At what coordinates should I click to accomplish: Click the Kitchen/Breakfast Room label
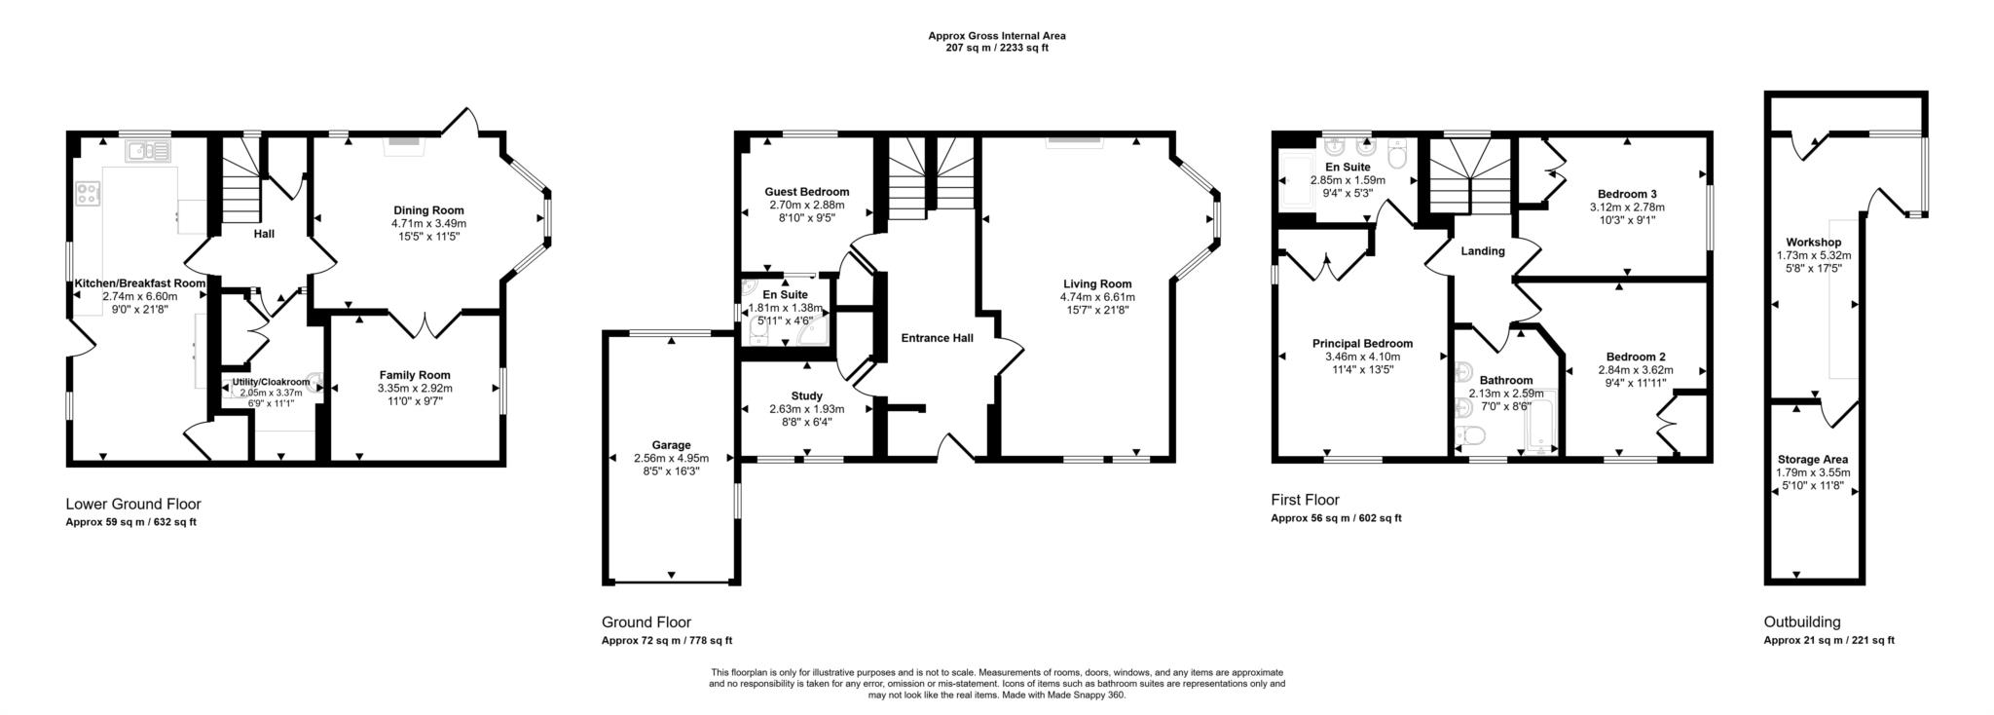pyautogui.click(x=140, y=283)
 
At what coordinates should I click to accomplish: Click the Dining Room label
pyautogui.click(x=428, y=210)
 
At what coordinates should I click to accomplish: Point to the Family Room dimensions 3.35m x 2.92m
pyautogui.click(x=415, y=388)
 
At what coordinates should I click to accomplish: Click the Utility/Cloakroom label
pyautogui.click(x=271, y=382)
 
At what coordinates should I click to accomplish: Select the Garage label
pyautogui.click(x=671, y=445)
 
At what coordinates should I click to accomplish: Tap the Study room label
pyautogui.click(x=806, y=396)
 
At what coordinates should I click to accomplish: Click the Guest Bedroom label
pyautogui.click(x=806, y=192)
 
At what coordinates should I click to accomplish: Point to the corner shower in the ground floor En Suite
pyautogui.click(x=812, y=334)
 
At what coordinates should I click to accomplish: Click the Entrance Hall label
pyautogui.click(x=937, y=338)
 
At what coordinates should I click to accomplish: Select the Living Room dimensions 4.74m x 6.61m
pyautogui.click(x=1098, y=297)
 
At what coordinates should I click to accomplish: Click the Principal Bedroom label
pyautogui.click(x=1362, y=343)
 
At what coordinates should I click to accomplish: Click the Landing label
pyautogui.click(x=1482, y=251)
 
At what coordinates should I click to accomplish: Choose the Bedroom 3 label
pyautogui.click(x=1627, y=194)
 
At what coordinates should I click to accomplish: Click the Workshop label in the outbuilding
pyautogui.click(x=1813, y=243)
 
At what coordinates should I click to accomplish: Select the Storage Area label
pyautogui.click(x=1812, y=460)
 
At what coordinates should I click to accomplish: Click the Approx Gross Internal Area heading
pyautogui.click(x=996, y=36)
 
